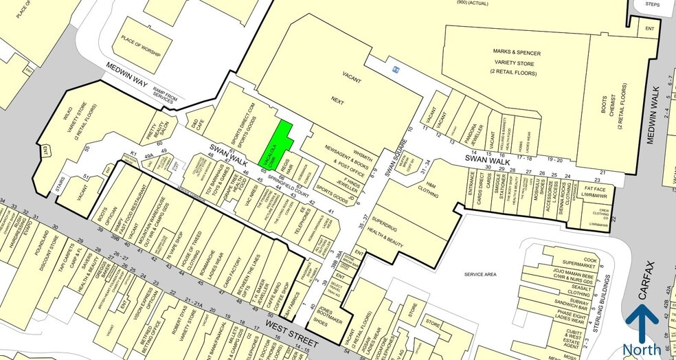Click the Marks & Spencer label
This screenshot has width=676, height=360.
point(517,52)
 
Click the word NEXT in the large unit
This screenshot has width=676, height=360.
point(337,100)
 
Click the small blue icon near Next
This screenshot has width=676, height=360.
point(395,69)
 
